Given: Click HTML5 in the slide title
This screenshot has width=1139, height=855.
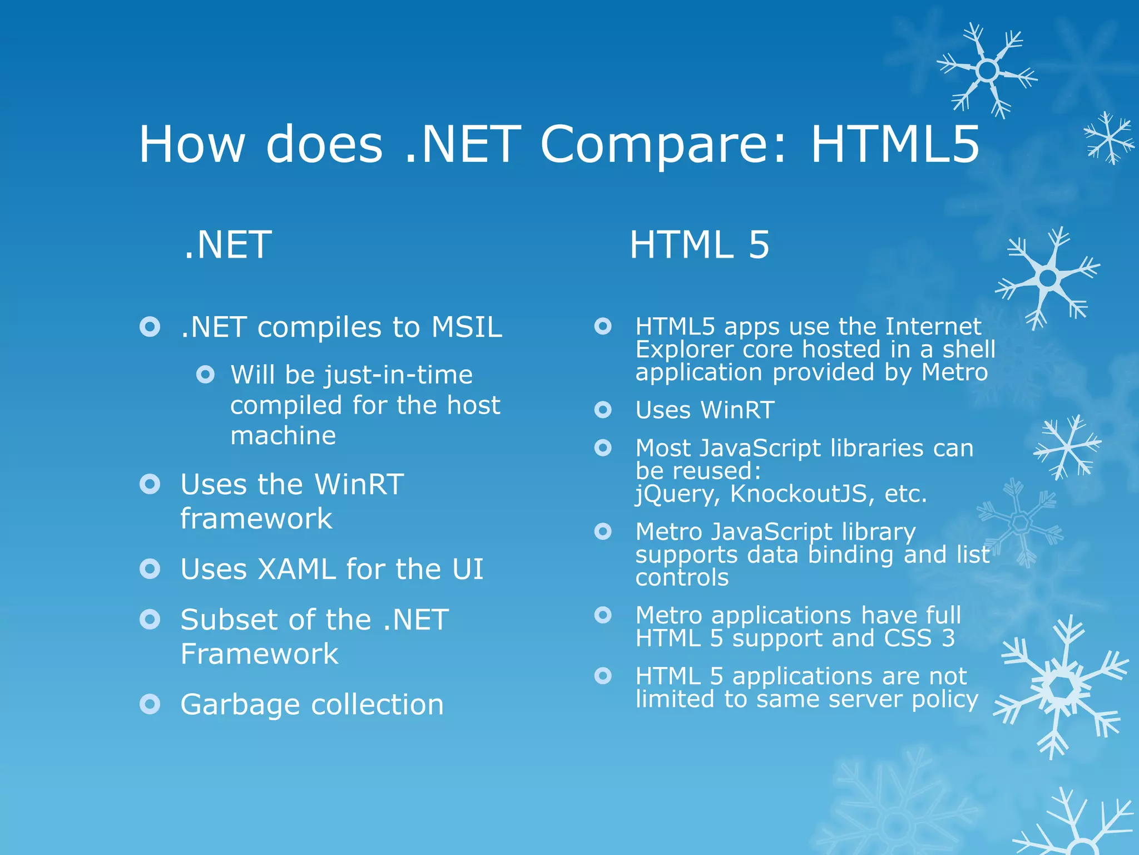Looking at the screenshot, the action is [895, 145].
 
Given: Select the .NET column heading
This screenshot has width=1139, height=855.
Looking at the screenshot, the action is [227, 245].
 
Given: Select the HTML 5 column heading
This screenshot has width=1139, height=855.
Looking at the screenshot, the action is [699, 245].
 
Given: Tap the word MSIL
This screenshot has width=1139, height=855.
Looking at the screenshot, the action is [467, 327].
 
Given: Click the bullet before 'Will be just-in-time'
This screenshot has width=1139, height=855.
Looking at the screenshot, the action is [205, 375].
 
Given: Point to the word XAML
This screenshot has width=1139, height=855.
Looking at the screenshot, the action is [294, 569].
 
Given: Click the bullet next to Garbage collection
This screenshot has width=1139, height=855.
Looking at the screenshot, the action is [150, 704].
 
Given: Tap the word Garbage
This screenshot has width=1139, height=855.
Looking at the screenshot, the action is [241, 705].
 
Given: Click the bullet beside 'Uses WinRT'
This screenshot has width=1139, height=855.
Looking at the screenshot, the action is [603, 410].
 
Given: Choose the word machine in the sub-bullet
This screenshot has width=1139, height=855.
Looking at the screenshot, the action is [283, 435].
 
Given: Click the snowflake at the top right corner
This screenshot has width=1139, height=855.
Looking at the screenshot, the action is [987, 71].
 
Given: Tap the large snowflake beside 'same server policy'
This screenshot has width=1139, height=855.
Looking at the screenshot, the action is [1061, 688].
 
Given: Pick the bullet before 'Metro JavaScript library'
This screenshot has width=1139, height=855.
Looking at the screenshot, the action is [603, 532].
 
